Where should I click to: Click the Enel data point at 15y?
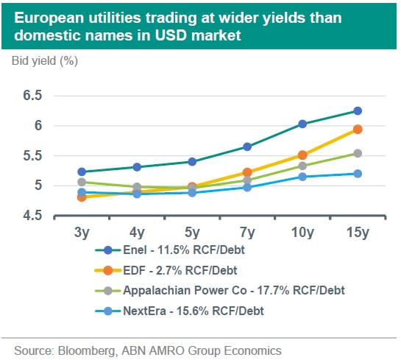358,111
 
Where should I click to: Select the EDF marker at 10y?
302,155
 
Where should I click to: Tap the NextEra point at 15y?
358,174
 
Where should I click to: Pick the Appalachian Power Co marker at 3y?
82,182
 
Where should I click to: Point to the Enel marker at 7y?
247,147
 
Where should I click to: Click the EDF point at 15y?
358,130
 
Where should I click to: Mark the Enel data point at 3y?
82,172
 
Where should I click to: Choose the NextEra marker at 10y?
302,177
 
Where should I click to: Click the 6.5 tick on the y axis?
32,96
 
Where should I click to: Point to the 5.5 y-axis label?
32,155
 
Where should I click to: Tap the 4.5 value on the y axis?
32,216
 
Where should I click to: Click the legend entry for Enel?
170,250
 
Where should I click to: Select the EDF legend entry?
166,270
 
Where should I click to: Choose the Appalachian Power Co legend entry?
220,291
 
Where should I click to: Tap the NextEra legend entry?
180,311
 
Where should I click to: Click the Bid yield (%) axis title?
45,61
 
